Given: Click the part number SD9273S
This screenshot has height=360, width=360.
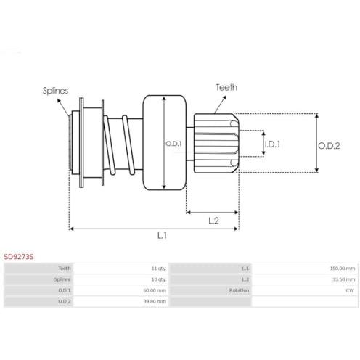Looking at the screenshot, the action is click(19, 257).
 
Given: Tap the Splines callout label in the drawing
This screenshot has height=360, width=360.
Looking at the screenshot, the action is click(55, 91).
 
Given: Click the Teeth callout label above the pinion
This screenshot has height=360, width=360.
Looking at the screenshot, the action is click(226, 87).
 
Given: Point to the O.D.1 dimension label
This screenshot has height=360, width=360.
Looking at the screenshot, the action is click(173, 144).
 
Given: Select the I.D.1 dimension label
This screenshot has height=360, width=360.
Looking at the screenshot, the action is click(272, 144).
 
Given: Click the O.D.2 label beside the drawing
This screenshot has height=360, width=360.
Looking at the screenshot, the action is click(329, 146).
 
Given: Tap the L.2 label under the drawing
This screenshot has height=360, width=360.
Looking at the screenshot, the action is click(213, 221).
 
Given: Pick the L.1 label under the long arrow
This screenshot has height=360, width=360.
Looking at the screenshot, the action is click(162, 235).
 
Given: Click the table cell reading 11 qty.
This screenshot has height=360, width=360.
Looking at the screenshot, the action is click(159, 269).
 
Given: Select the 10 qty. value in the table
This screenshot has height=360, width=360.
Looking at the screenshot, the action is click(159, 279).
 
